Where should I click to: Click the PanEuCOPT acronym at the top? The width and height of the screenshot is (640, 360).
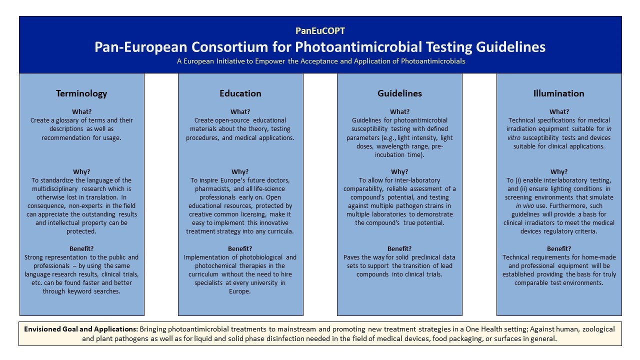pyautogui.click(x=320, y=31)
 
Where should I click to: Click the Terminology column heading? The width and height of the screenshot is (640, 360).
pyautogui.click(x=81, y=93)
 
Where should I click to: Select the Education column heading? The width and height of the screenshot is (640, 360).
pyautogui.click(x=240, y=93)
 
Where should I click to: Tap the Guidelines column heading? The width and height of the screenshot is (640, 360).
pyautogui.click(x=399, y=93)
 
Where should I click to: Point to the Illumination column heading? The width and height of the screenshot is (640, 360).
pyautogui.click(x=559, y=93)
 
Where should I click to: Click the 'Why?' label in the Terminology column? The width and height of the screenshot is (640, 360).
pyautogui.click(x=81, y=171)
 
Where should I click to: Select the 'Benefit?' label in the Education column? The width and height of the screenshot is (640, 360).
pyautogui.click(x=240, y=248)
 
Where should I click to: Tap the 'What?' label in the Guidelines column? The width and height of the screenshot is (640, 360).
pyautogui.click(x=399, y=111)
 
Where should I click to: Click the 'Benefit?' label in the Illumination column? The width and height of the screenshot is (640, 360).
pyautogui.click(x=559, y=248)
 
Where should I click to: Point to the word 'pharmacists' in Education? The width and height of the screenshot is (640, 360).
pyautogui.click(x=212, y=189)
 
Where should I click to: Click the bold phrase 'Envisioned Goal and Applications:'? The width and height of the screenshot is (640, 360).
pyautogui.click(x=80, y=329)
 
